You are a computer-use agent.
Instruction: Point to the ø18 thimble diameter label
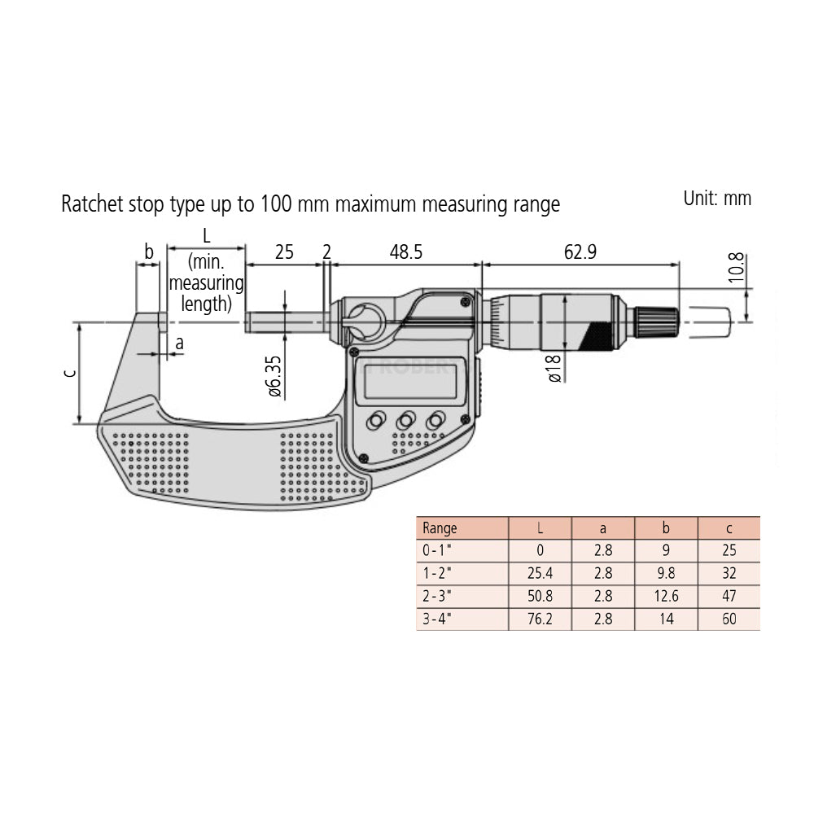(x=554, y=367)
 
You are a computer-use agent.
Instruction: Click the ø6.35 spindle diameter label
(x=274, y=375)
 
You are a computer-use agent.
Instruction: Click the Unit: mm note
(x=716, y=198)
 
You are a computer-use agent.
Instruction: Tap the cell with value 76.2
(x=540, y=619)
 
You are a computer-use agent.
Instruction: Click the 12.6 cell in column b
(x=666, y=596)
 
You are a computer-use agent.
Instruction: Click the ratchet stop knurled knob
(x=658, y=321)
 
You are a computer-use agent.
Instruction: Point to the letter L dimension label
(x=206, y=236)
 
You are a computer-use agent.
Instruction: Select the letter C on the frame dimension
(x=70, y=373)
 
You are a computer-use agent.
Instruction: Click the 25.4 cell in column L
(x=540, y=573)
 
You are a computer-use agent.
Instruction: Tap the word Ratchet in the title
(x=91, y=204)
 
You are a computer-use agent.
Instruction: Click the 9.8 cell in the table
(x=666, y=573)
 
